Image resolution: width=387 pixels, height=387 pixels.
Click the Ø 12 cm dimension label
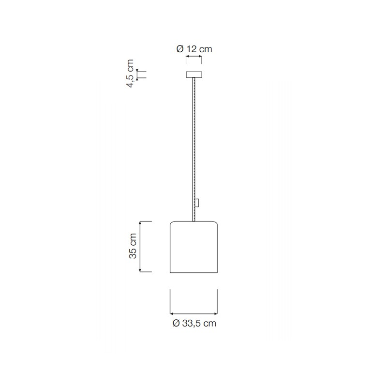(194, 49)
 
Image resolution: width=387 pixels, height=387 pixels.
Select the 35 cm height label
(133, 246)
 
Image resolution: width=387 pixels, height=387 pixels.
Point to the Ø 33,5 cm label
(194, 323)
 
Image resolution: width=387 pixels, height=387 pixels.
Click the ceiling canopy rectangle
(194, 74)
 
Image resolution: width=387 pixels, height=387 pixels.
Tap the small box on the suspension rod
(197, 203)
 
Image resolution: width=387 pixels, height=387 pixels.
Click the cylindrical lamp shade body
(194, 247)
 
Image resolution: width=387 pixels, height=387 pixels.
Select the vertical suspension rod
(194, 149)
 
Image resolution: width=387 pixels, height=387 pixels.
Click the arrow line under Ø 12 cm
(194, 57)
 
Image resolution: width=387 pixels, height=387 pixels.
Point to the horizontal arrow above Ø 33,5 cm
(194, 313)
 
